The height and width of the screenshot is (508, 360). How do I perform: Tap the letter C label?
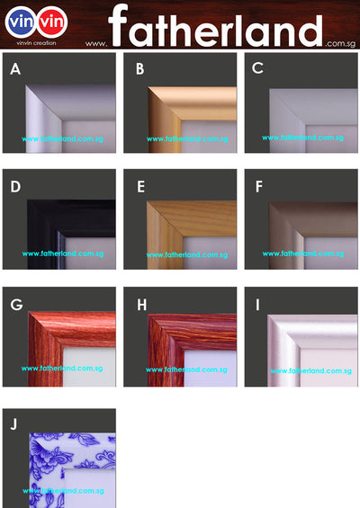tap(257, 68)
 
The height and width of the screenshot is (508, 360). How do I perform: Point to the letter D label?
tap(15, 187)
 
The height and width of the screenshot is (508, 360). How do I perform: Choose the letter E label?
tap(139, 187)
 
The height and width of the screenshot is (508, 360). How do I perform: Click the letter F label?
tap(258, 187)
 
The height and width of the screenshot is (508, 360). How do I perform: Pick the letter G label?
tap(16, 305)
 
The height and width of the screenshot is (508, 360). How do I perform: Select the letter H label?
tap(141, 305)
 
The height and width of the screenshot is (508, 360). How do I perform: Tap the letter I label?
tap(257, 305)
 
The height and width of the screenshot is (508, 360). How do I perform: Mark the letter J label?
tap(14, 423)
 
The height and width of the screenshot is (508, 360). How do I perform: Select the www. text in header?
tap(97, 42)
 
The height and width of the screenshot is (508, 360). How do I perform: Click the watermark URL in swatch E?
tap(187, 254)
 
